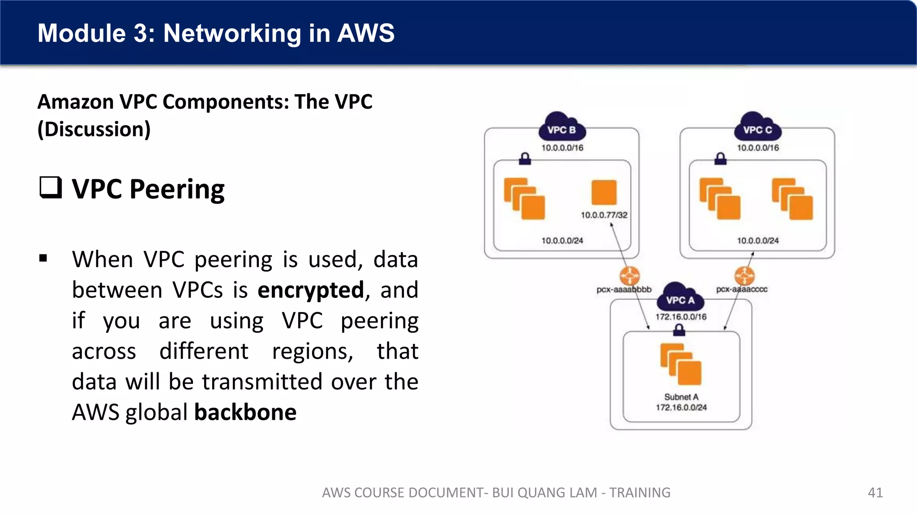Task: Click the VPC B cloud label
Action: tap(561, 129)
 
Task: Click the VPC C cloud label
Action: tap(758, 129)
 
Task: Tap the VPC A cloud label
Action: tap(680, 300)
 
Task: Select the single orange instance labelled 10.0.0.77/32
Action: tap(604, 193)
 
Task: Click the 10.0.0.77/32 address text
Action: tap(604, 215)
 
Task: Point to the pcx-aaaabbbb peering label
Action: tap(624, 289)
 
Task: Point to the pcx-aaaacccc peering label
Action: tap(742, 289)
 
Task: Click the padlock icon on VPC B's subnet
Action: tap(525, 159)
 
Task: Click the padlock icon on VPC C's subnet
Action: tap(720, 159)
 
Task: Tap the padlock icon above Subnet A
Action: tap(679, 330)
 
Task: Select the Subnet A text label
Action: tap(681, 397)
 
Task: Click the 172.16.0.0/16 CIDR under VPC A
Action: tap(681, 317)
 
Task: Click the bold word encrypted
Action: tap(311, 290)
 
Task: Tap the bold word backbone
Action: tap(245, 412)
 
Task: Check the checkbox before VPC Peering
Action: tap(50, 188)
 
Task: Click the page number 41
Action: tap(875, 492)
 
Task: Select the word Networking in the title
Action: tap(232, 33)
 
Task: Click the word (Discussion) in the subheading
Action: tap(94, 129)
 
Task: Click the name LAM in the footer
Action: tap(584, 492)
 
